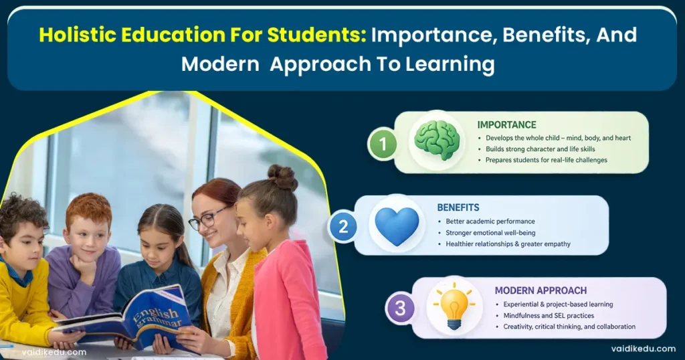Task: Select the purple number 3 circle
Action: (x=400, y=308)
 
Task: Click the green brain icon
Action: (x=436, y=141)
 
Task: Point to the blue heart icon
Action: (x=396, y=225)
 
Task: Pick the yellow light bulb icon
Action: (x=454, y=307)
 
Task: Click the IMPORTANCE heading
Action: (x=506, y=124)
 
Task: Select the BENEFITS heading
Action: (x=458, y=207)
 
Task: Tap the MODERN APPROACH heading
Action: (x=541, y=290)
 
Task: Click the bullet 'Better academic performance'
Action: (x=490, y=221)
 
